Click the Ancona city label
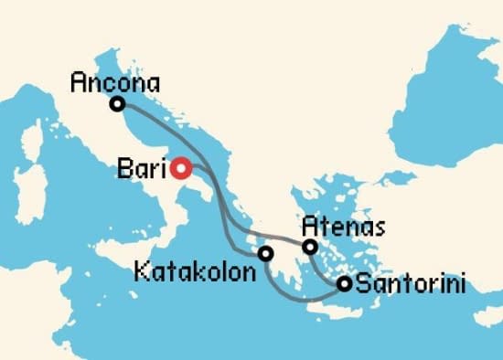point(114,83)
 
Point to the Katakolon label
point(191,271)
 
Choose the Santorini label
point(410,284)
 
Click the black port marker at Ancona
point(117,104)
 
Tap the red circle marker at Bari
point(181,168)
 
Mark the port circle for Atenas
point(310,247)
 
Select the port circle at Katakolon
point(265,254)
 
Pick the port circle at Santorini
point(344,284)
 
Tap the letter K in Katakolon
point(140,271)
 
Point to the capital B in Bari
point(125,168)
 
